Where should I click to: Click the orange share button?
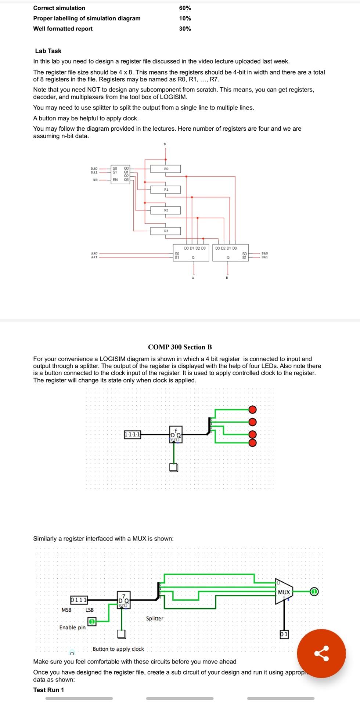[321, 653]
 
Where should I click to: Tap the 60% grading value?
[185, 8]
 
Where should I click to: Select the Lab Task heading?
[48, 51]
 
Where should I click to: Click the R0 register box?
[166, 169]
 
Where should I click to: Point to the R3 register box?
[166, 231]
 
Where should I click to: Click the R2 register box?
[166, 210]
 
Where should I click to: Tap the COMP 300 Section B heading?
[180, 347]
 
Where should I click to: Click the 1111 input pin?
[133, 435]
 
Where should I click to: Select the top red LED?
[252, 409]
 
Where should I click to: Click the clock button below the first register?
[174, 467]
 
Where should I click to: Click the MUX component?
[284, 592]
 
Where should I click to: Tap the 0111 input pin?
[79, 600]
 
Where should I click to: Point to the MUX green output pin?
[314, 592]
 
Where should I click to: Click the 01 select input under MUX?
[284, 634]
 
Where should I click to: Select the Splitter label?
[155, 618]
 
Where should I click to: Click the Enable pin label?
[72, 628]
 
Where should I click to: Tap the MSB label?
[66, 610]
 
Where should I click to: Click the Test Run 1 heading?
[48, 690]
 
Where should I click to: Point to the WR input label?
[95, 180]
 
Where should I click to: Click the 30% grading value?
[185, 29]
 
